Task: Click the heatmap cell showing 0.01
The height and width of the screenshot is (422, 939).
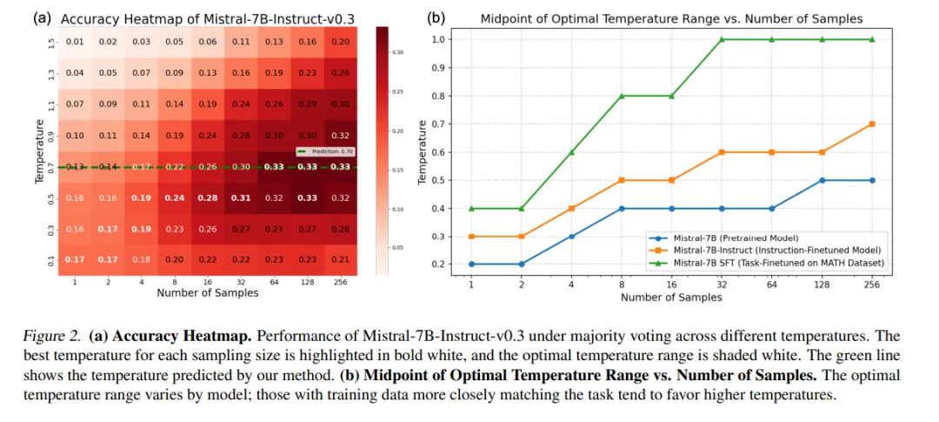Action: (75, 41)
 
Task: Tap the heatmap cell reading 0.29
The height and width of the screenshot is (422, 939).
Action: (308, 104)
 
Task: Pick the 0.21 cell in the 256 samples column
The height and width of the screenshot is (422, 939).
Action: (342, 260)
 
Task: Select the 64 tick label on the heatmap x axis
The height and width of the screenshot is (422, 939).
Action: (275, 281)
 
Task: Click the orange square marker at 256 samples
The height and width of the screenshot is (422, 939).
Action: (871, 124)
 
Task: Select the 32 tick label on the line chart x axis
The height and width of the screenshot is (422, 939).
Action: (720, 285)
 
